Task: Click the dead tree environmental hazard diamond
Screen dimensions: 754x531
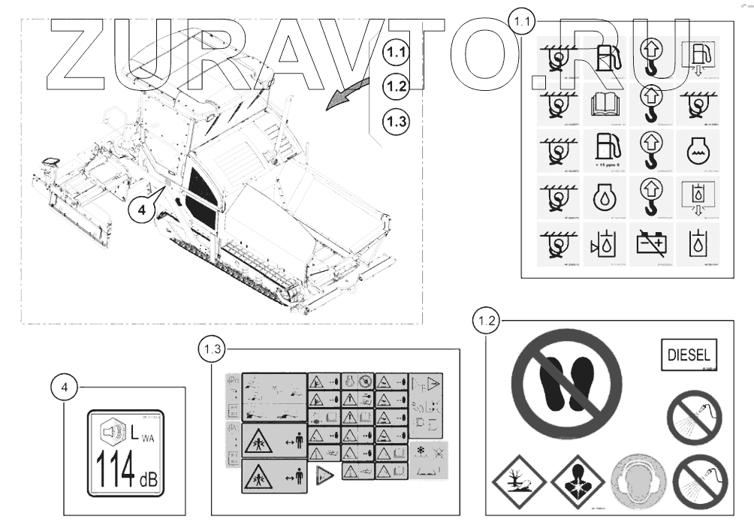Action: point(517,480)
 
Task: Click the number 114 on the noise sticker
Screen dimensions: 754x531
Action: point(112,469)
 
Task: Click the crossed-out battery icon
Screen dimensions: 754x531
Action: point(650,243)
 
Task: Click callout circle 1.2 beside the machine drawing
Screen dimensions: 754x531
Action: point(396,86)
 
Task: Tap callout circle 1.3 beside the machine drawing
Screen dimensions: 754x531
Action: point(396,119)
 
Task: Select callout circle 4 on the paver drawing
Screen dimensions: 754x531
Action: point(140,210)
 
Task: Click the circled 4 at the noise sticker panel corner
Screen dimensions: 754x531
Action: point(67,388)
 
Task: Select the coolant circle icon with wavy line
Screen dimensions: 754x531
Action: point(695,150)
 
